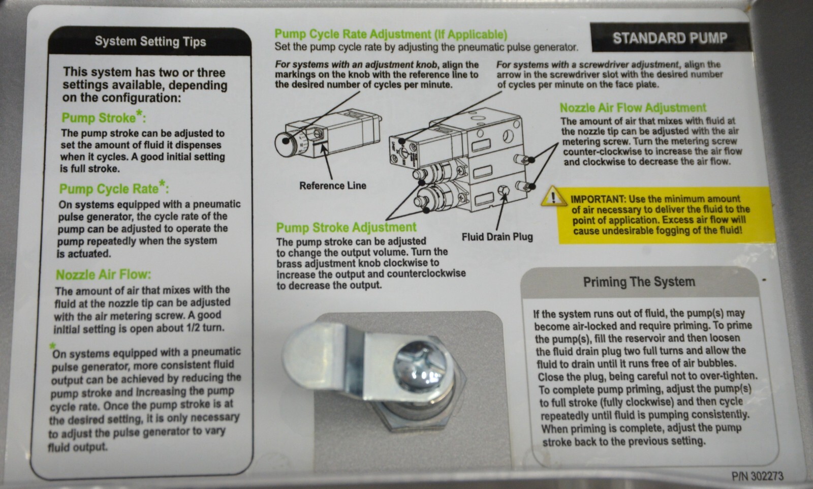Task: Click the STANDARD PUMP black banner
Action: click(x=670, y=38)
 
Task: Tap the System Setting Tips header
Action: click(x=150, y=41)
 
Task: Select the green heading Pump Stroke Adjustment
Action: click(x=346, y=227)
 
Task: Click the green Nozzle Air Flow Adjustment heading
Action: click(x=633, y=108)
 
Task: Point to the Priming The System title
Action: click(x=639, y=282)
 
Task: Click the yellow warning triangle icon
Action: click(x=553, y=196)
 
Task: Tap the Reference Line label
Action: click(x=332, y=186)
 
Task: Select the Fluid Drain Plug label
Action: click(x=497, y=237)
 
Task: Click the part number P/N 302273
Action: click(x=758, y=476)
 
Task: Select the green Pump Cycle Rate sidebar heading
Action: click(x=114, y=188)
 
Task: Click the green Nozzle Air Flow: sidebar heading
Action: click(x=104, y=275)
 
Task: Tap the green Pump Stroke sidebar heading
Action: click(x=104, y=117)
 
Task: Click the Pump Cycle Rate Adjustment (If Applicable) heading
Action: click(x=391, y=34)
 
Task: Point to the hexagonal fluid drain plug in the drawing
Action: click(x=504, y=191)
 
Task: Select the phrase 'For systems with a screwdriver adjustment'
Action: click(x=587, y=65)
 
